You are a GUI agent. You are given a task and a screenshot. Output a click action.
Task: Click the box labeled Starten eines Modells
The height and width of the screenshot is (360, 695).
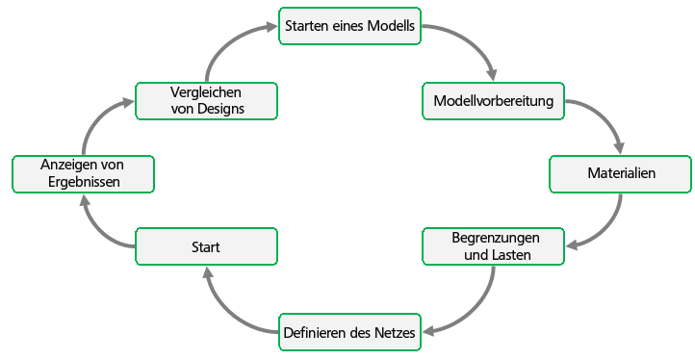point(350,27)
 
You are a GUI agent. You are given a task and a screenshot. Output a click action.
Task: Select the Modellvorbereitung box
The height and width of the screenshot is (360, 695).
point(494,101)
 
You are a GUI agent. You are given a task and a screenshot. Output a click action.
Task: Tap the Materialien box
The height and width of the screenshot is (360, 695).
point(620,174)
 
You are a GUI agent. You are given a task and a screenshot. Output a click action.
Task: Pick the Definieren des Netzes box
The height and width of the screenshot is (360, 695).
point(350,334)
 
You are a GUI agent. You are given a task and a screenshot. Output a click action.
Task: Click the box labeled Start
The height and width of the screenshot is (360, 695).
point(206,246)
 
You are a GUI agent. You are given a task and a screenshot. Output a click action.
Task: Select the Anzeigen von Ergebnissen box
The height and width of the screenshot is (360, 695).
point(82,174)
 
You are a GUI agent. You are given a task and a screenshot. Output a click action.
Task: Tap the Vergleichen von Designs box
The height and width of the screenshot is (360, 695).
point(206,101)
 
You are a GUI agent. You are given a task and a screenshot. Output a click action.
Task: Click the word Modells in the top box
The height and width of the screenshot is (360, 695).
point(393,27)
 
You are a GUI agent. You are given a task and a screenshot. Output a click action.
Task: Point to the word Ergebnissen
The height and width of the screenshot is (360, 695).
point(82,183)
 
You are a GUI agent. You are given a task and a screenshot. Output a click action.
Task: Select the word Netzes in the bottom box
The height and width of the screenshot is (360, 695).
point(393,334)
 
